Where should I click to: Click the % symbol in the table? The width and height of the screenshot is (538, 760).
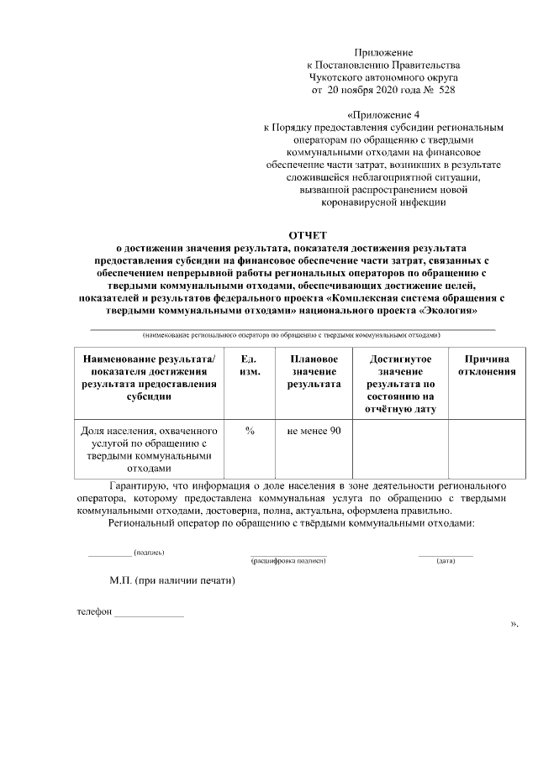(x=250, y=431)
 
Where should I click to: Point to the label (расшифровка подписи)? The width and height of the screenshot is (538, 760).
(x=288, y=559)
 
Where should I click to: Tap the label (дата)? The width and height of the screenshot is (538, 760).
(x=446, y=559)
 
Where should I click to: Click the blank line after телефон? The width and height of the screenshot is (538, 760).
(x=149, y=614)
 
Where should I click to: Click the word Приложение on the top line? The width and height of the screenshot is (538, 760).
(x=383, y=52)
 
